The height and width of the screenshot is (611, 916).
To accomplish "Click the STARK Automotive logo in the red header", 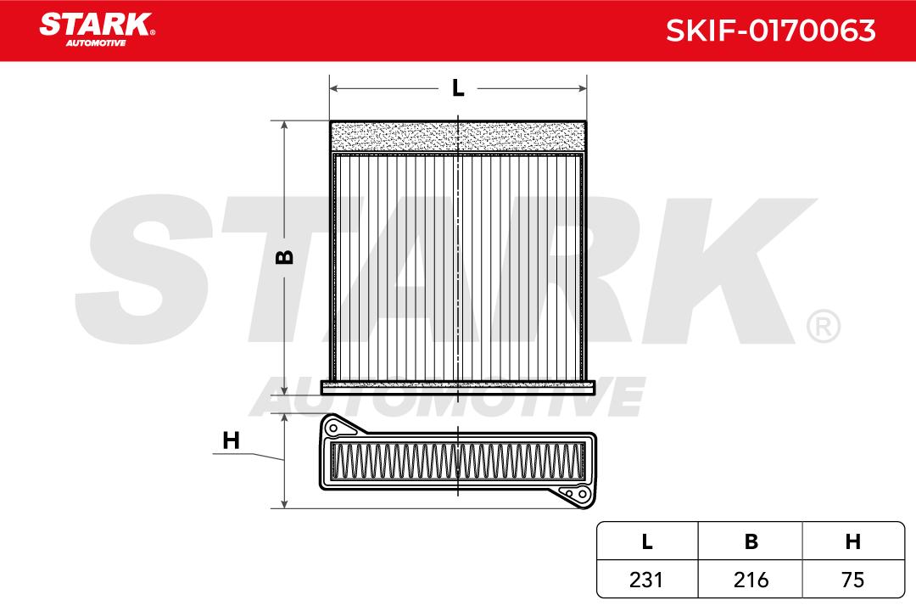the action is point(97,29).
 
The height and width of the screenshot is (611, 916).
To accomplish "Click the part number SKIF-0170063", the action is point(770,31).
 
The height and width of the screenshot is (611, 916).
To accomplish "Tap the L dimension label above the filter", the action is point(458,88).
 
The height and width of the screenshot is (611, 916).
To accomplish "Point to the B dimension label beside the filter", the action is point(284,256).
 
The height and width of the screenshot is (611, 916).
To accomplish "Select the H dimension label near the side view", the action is point(232,440).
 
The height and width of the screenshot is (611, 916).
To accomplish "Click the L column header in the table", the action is point(646,542).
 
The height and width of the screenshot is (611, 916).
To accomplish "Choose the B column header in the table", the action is point(751,542).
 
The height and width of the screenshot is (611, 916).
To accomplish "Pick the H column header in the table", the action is point(853,542).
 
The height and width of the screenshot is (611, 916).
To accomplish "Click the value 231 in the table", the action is point(646,580).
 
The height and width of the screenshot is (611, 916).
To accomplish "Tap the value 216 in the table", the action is point(751,580).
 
